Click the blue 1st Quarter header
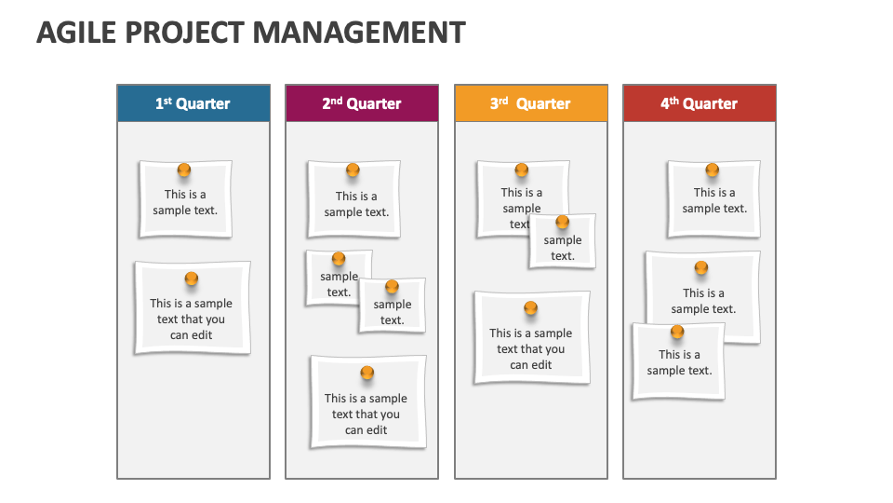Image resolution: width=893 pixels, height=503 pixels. (x=193, y=103)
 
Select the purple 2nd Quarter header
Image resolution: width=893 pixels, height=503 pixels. (x=362, y=103)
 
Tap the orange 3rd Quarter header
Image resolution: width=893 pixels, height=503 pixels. (x=530, y=103)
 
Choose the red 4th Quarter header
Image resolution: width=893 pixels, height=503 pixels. (x=699, y=103)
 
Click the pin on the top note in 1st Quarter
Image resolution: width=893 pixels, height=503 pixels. (x=184, y=170)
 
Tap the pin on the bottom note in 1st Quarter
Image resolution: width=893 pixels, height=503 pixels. (x=192, y=279)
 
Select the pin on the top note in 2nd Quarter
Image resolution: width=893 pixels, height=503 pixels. (x=353, y=170)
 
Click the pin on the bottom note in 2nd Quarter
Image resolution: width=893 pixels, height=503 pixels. (x=367, y=373)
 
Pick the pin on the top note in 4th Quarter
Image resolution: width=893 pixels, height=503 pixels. (x=712, y=170)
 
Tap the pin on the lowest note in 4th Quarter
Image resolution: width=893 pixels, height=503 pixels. (x=677, y=332)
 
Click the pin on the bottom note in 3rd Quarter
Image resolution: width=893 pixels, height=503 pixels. (x=530, y=308)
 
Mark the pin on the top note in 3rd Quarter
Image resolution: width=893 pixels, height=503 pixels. (x=521, y=170)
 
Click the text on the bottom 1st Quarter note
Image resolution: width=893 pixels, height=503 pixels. (x=191, y=319)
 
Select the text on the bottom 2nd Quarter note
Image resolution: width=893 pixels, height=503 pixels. (x=366, y=415)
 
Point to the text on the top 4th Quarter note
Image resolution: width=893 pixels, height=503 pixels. (x=713, y=201)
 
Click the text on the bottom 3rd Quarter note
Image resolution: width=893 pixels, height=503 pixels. (x=530, y=349)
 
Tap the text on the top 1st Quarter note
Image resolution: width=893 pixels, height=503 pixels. (x=185, y=203)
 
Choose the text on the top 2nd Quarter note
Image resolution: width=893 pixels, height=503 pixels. (x=356, y=204)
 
